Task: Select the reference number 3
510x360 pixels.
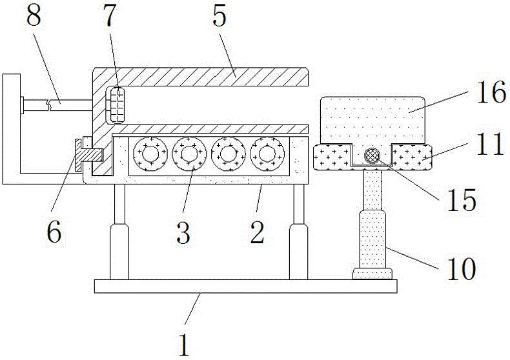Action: pos(183,233)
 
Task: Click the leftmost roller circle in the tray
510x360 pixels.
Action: pos(149,155)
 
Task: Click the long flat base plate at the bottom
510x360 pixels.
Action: pos(245,286)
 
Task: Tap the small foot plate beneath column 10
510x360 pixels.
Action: pos(372,275)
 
